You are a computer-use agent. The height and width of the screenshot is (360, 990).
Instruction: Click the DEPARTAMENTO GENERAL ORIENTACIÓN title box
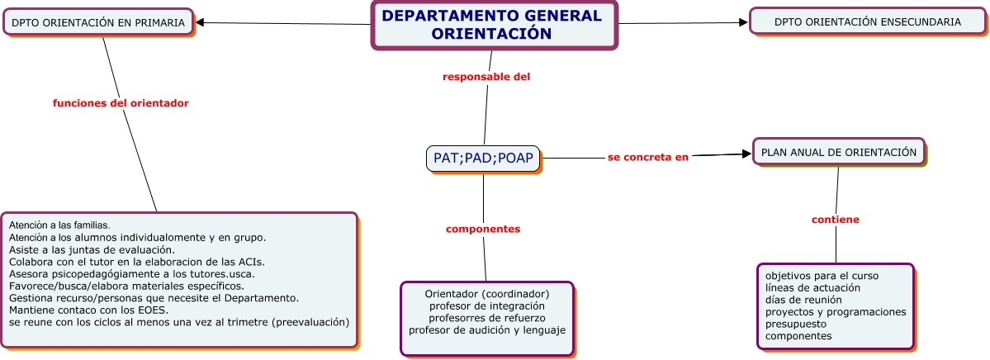[493, 26]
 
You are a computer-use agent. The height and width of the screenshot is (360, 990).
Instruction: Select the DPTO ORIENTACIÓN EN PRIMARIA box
[98, 23]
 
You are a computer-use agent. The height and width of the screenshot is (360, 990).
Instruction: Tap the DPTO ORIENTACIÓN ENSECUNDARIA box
[867, 22]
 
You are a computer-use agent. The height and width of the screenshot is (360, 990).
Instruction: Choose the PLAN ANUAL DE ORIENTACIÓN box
[838, 152]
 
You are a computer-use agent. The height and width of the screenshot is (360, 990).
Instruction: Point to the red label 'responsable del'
[486, 77]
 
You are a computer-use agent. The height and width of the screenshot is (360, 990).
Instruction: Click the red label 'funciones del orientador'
[121, 103]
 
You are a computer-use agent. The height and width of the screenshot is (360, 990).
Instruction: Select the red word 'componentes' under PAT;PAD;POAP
[483, 229]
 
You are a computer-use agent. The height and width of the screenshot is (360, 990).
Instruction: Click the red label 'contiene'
[835, 220]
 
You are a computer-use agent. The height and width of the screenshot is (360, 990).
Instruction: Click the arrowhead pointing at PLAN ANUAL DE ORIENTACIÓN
[746, 154]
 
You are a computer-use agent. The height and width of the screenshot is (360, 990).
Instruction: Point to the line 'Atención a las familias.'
[59, 225]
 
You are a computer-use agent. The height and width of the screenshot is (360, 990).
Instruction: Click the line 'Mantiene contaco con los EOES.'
[89, 310]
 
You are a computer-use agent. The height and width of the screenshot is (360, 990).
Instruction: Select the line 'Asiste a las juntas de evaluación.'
[92, 249]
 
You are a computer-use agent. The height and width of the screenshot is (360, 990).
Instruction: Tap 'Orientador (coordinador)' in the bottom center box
[487, 293]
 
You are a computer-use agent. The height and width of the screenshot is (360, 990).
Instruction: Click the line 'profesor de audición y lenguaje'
[487, 330]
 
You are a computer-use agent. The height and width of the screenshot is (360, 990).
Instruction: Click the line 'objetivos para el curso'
[822, 275]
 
